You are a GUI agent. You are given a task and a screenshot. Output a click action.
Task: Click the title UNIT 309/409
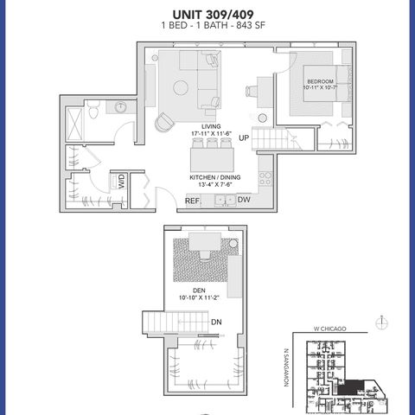click(207, 15)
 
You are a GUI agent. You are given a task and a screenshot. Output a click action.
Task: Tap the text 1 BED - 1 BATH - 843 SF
click(207, 28)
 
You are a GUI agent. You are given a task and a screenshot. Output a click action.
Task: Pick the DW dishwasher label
click(245, 200)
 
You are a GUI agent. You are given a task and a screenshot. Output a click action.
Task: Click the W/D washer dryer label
click(123, 182)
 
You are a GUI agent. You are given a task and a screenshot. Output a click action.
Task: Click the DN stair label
click(216, 322)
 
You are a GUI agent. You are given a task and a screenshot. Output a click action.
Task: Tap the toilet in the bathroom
click(93, 109)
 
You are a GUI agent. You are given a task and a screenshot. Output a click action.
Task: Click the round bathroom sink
click(120, 107)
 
